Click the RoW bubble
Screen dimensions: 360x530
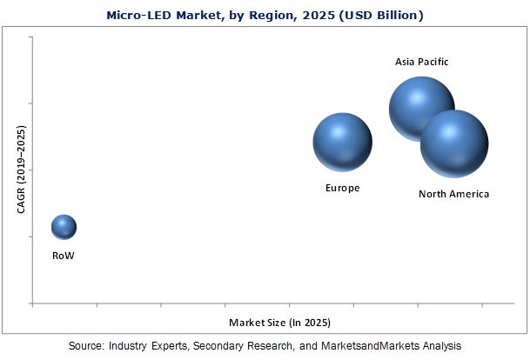pyautogui.click(x=64, y=227)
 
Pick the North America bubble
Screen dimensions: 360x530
pyautogui.click(x=453, y=144)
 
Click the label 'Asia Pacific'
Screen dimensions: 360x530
pyautogui.click(x=422, y=62)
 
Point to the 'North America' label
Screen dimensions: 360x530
pyautogui.click(x=453, y=194)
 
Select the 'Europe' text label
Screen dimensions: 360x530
pyautogui.click(x=342, y=188)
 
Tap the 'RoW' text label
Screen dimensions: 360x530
pyautogui.click(x=64, y=256)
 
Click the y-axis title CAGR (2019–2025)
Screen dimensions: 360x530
pyautogui.click(x=21, y=169)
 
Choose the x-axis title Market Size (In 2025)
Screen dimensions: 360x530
pyautogui.click(x=279, y=323)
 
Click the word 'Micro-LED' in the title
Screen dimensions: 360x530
pyautogui.click(x=138, y=16)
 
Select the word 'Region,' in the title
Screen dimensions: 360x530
pyautogui.click(x=264, y=16)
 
